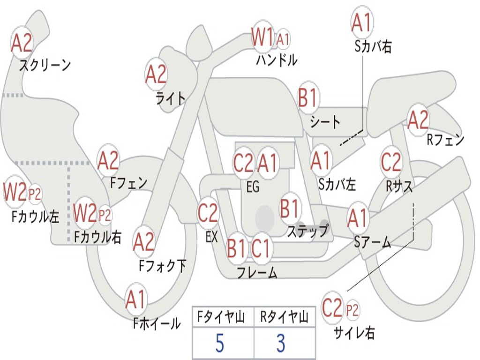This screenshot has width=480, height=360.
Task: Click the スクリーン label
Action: [x=45, y=65]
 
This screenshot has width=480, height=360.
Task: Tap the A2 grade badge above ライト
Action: [x=156, y=74]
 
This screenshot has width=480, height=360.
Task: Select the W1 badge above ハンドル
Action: [x=262, y=37]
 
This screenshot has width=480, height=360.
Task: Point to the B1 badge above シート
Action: [x=308, y=98]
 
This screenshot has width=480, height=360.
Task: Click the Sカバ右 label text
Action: [x=373, y=46]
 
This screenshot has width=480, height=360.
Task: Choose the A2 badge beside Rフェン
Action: [x=418, y=120]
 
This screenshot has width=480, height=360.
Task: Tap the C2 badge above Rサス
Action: [x=391, y=162]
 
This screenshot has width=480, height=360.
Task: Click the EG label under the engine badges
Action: [x=253, y=187]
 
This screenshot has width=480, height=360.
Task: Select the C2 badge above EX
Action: [x=208, y=213]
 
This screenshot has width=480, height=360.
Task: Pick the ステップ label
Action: [x=307, y=231]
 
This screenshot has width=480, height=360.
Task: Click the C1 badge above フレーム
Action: [x=261, y=248]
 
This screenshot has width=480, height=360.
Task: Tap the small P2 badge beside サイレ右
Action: [x=352, y=310]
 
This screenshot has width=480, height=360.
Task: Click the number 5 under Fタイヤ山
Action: [x=219, y=344]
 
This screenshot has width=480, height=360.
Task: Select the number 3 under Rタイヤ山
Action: [x=281, y=344]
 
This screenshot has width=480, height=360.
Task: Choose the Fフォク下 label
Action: [x=163, y=266]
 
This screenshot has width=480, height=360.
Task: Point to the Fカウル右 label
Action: [x=98, y=237]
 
